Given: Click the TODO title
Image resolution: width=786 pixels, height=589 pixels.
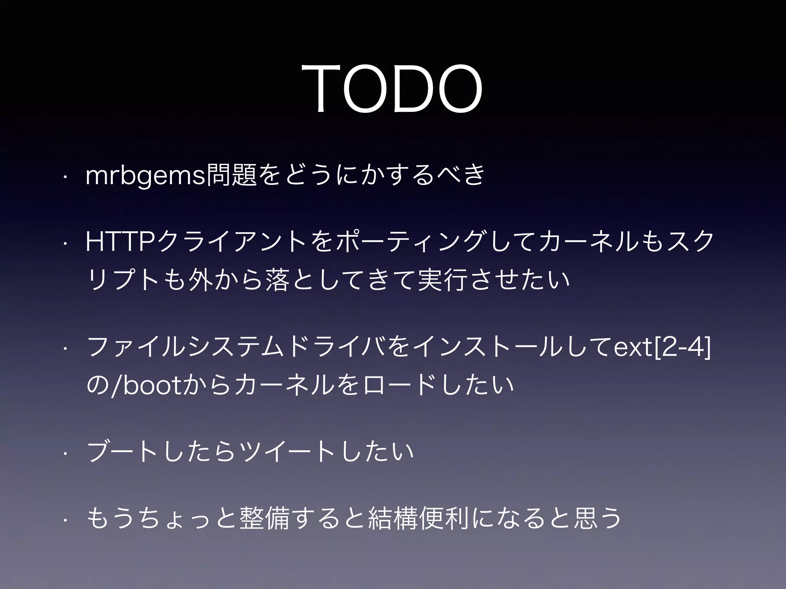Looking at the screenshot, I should (392, 89).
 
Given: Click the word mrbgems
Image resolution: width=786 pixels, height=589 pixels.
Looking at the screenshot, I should (145, 176).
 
